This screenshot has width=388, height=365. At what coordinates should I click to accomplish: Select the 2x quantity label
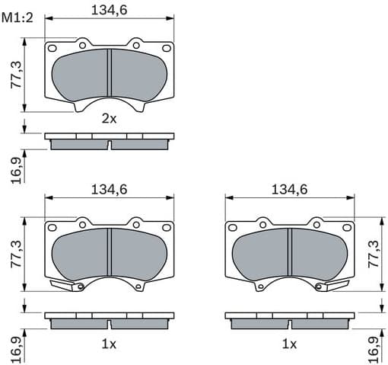pos(109,118)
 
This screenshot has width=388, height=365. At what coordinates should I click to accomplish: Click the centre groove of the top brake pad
pos(110,74)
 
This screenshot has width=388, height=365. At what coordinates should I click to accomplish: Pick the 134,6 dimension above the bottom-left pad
pos(109,190)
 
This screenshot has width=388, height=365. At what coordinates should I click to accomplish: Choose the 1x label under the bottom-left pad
pos(109,344)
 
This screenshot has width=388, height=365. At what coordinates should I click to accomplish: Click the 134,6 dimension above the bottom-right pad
pos(289,190)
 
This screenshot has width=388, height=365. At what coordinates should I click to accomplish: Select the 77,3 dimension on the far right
pos(373,254)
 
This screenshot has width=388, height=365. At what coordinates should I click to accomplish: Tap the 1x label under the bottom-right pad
pos(289,344)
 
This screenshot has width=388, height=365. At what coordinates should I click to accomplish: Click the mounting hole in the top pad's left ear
pos(52,48)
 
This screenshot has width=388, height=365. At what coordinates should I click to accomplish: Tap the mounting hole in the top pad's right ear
pos(167,48)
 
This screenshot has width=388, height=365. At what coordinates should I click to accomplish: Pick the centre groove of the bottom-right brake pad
pos(290,254)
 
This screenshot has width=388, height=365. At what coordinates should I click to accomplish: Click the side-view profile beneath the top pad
pos(109,141)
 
